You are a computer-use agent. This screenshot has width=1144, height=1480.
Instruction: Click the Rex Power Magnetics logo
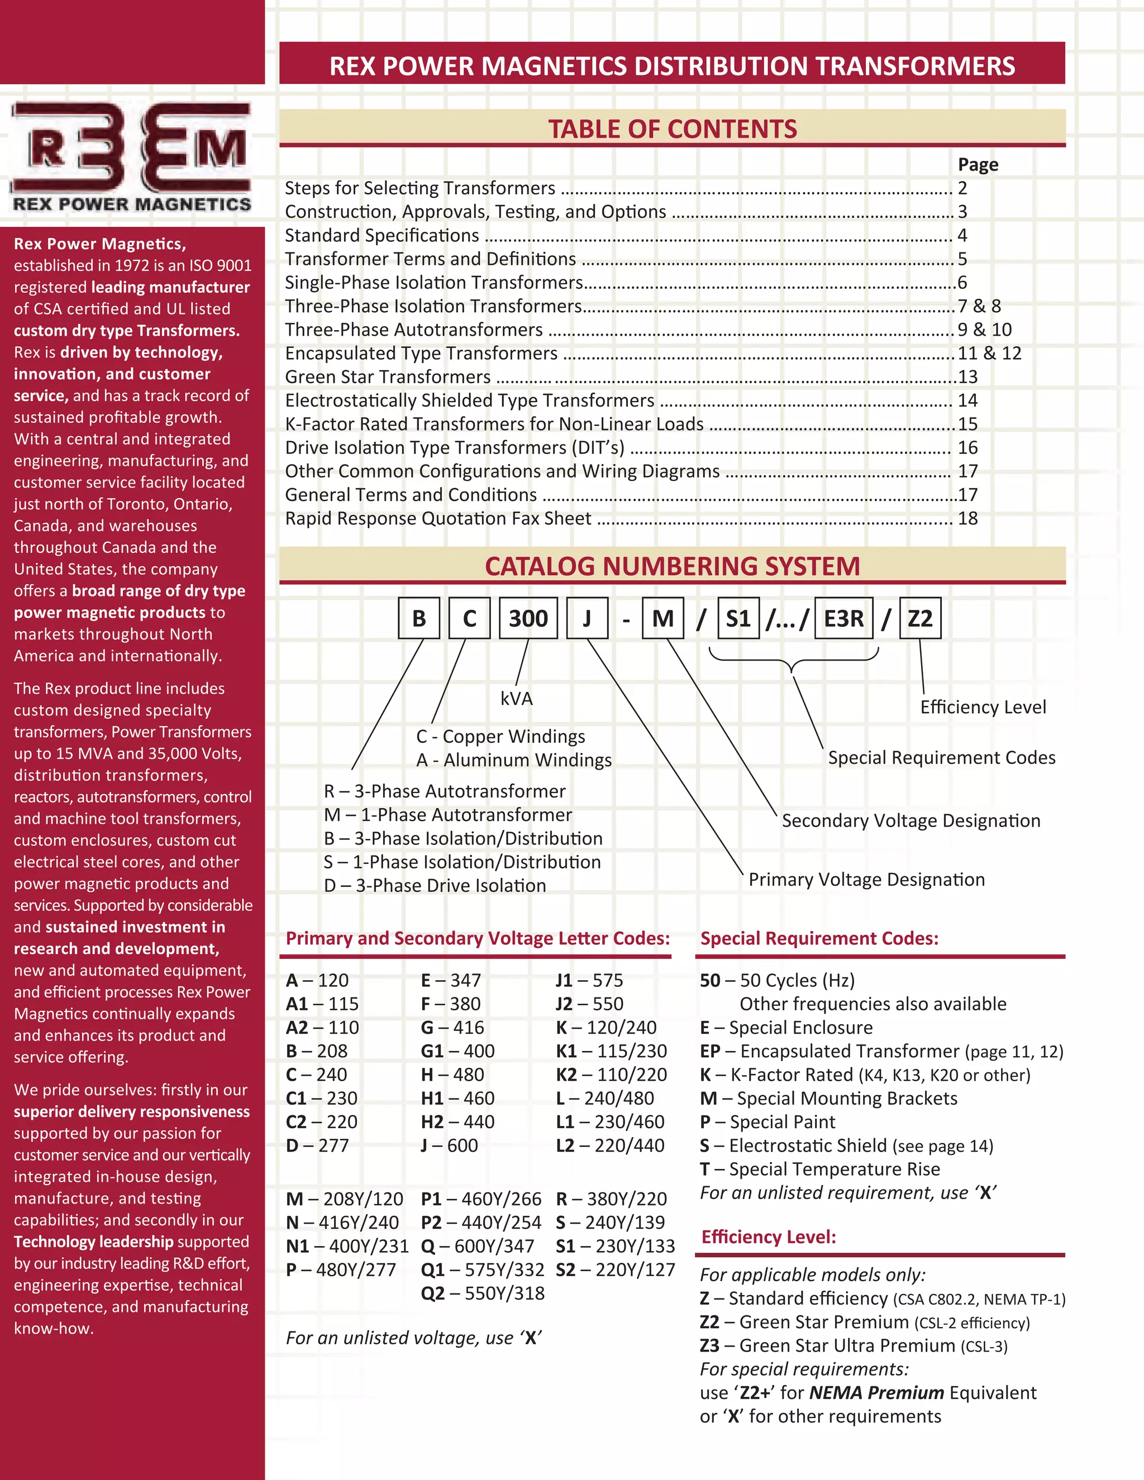coord(131,156)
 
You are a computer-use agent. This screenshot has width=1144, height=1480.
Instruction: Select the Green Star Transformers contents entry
coord(388,377)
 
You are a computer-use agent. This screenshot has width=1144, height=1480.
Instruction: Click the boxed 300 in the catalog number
coord(528,618)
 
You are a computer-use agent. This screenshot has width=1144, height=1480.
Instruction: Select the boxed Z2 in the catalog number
coord(919,618)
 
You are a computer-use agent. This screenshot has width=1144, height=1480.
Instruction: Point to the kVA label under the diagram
coord(517,699)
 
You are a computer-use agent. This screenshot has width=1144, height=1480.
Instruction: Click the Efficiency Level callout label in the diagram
coord(982,707)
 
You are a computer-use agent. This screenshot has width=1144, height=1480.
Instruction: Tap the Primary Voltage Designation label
coord(866,880)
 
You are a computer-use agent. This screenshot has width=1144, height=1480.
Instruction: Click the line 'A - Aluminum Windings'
coord(514,760)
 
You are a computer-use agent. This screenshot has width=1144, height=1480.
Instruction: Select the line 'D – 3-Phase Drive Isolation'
coord(435,886)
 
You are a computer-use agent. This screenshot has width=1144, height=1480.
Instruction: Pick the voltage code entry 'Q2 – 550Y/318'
coord(482,1293)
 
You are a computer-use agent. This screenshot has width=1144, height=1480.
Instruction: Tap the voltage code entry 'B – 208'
coord(317,1051)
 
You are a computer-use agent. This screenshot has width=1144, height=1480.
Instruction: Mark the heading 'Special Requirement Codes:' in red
coord(819,939)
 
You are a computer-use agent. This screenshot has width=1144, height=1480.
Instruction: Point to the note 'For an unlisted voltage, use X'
coord(413,1338)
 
